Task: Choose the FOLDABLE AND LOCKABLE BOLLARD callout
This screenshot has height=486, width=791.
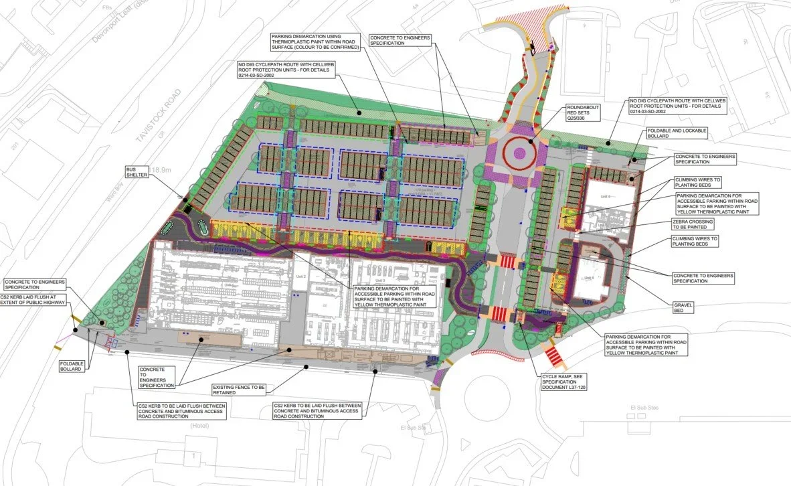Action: pyautogui.click(x=675, y=133)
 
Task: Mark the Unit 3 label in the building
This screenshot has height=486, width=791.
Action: pyautogui.click(x=380, y=280)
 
